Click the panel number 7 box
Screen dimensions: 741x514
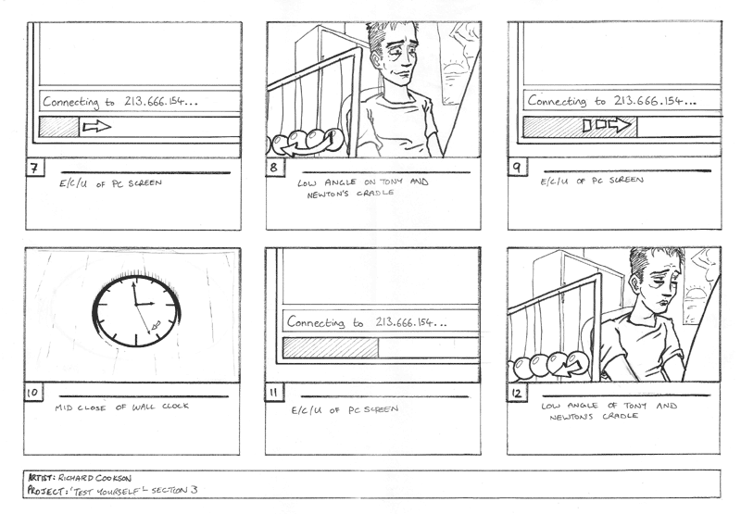tap(34, 168)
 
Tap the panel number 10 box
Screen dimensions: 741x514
tap(32, 393)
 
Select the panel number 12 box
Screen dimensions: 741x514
tap(517, 393)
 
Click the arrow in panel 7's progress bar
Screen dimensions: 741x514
tap(97, 126)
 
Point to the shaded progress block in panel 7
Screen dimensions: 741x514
tap(59, 127)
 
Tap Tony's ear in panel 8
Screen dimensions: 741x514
tap(376, 60)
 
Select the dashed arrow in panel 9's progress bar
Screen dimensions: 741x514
tap(607, 125)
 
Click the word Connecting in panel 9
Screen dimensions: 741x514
tap(557, 101)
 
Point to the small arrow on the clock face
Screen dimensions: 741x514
tap(156, 325)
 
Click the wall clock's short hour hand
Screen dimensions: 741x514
tap(144, 303)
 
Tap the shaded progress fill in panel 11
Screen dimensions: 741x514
tap(331, 347)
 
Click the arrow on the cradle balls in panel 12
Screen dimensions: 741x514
tap(570, 368)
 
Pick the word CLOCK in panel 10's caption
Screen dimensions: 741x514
tap(175, 406)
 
